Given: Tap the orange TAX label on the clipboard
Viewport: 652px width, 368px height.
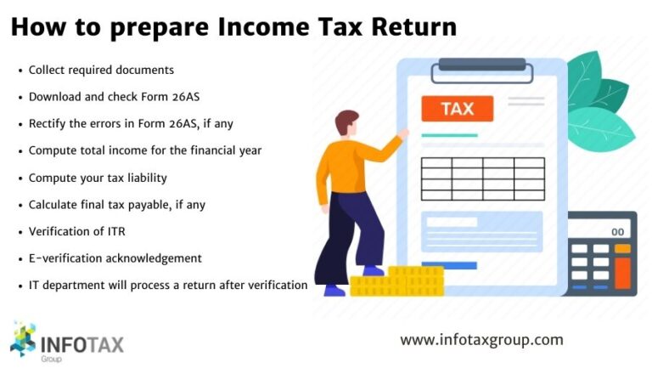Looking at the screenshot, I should pyautogui.click(x=457, y=109).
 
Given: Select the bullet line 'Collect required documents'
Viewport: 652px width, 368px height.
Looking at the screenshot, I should pyautogui.click(x=101, y=70).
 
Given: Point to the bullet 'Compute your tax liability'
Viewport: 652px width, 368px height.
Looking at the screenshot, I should pyautogui.click(x=98, y=178).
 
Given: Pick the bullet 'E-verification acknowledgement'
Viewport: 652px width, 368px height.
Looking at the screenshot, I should pyautogui.click(x=115, y=258).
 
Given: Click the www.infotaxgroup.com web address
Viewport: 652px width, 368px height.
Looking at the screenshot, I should pyautogui.click(x=481, y=340).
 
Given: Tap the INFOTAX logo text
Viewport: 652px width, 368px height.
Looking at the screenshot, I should pyautogui.click(x=81, y=344).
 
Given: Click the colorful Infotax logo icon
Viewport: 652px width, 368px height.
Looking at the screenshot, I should pyautogui.click(x=23, y=339).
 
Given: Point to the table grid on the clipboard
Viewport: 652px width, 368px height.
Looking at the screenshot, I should pyautogui.click(x=482, y=178).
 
